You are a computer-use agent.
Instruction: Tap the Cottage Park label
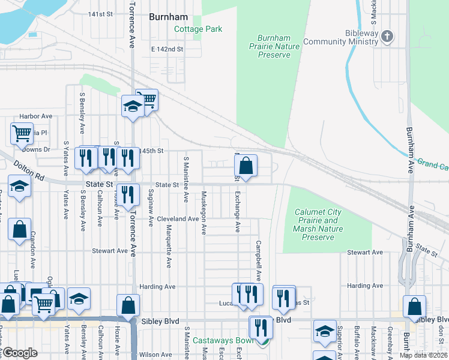(x=198, y=29)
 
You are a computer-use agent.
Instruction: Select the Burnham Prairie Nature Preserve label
(x=274, y=46)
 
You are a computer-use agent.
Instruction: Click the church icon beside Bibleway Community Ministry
(x=387, y=37)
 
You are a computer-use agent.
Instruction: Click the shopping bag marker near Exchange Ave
(x=246, y=166)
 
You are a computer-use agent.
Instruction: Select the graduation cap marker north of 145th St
(x=133, y=107)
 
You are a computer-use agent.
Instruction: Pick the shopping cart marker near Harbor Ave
(x=22, y=133)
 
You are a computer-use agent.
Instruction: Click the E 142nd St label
(x=167, y=49)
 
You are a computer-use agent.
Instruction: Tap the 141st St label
(x=101, y=14)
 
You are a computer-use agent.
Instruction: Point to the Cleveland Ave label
(x=178, y=219)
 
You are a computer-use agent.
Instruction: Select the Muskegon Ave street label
(x=204, y=212)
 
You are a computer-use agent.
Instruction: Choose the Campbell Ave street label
(x=259, y=261)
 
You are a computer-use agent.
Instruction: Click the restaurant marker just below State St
(x=128, y=195)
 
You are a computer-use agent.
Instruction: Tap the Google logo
(x=19, y=352)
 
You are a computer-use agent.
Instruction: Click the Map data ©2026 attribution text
(x=424, y=355)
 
